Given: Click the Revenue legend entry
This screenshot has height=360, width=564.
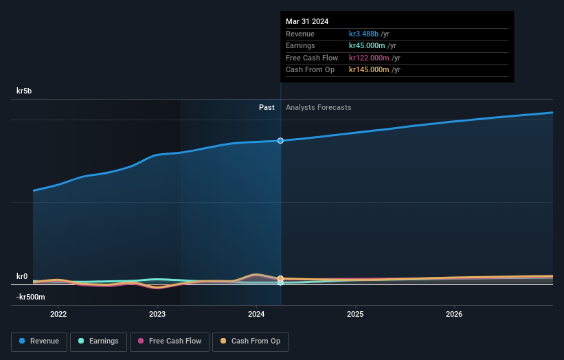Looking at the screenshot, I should tap(39, 341).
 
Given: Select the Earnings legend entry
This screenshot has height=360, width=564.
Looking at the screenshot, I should tap(98, 341).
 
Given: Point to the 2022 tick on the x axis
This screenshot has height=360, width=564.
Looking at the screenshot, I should tap(58, 315).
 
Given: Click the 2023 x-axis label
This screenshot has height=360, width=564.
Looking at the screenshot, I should tap(157, 315).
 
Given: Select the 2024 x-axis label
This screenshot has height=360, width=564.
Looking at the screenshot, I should tap(256, 315).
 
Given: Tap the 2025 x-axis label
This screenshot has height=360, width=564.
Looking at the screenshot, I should tap(355, 315).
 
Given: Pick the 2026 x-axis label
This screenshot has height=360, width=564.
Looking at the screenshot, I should tap(454, 315).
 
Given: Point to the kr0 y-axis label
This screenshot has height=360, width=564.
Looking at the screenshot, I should tap(22, 276).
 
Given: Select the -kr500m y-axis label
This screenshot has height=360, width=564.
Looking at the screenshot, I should tap(30, 297).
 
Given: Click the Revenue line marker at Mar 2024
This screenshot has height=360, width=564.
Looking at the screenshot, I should tap(280, 141).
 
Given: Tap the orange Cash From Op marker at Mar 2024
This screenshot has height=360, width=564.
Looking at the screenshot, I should tap(280, 278).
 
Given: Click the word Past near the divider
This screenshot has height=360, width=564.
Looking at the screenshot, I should tap(267, 107).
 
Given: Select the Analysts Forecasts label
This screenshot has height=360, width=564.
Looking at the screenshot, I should tap(318, 107).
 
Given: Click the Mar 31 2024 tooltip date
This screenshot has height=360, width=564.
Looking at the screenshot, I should tap(307, 21).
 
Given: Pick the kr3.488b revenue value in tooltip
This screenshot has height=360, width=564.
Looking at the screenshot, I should tap(369, 34).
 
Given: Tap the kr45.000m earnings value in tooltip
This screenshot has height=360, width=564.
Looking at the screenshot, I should tap(369, 45).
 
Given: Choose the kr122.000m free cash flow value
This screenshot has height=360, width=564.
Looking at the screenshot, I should tap(369, 58).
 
